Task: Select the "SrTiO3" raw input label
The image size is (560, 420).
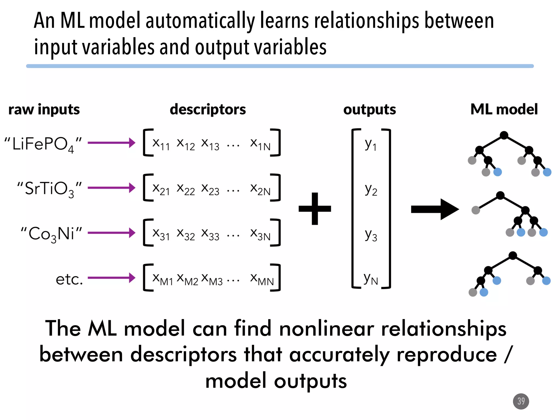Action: tap(49, 189)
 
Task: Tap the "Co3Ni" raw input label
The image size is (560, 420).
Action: tap(51, 234)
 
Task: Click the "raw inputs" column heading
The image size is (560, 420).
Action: tap(44, 109)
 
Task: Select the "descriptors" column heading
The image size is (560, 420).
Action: tap(208, 109)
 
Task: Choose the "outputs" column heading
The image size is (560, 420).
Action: tap(369, 109)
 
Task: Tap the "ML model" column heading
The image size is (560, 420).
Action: tap(504, 109)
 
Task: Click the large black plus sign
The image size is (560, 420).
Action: tap(315, 209)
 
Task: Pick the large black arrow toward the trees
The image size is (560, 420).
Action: tap(435, 209)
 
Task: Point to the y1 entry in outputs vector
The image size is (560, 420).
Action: tap(371, 144)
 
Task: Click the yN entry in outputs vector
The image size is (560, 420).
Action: tap(371, 279)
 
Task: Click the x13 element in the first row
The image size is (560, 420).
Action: tap(210, 144)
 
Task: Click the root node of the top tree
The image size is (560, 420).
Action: tap(504, 135)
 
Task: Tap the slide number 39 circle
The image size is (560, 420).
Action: tap(521, 401)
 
